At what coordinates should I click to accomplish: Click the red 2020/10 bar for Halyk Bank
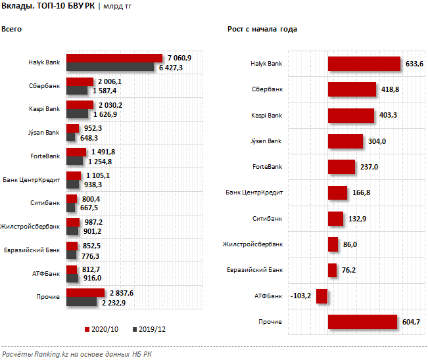(114, 58)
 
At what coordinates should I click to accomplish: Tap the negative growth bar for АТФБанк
(322, 296)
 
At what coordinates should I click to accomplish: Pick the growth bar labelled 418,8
(352, 89)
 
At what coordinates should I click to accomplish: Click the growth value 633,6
(414, 64)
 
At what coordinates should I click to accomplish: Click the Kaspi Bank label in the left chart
(44, 109)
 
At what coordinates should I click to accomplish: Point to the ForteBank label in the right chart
(266, 167)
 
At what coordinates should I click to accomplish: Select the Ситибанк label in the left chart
(45, 203)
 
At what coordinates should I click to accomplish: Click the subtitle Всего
(11, 30)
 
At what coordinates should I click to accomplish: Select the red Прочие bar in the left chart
(85, 292)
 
